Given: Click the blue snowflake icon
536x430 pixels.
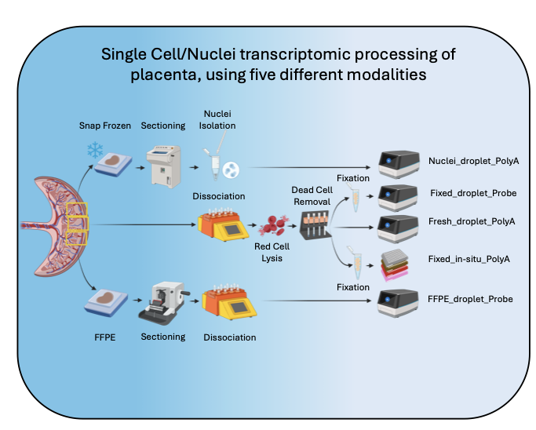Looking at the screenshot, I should pyautogui.click(x=95, y=149).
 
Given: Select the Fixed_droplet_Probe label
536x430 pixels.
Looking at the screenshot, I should pyautogui.click(x=473, y=192).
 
